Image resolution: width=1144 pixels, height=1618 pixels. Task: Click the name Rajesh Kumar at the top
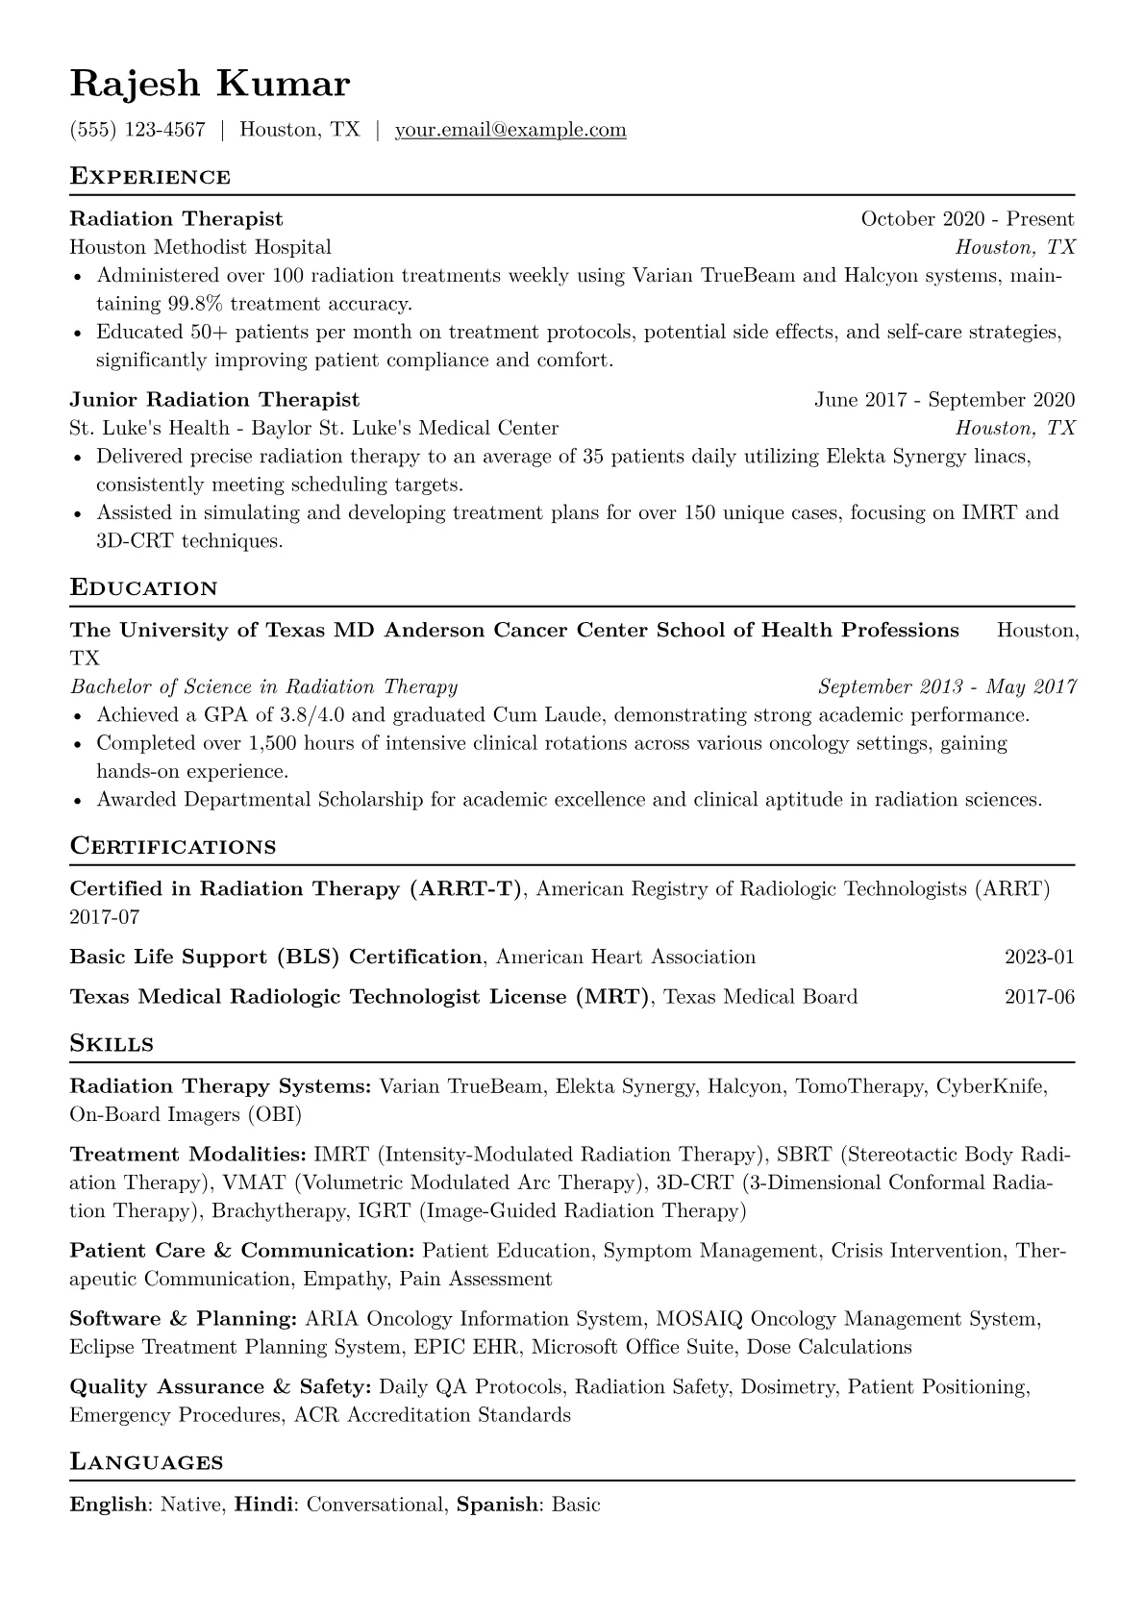[x=210, y=85]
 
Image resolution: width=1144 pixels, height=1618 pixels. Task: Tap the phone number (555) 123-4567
[x=137, y=130]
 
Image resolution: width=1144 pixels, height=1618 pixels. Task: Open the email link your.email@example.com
[x=510, y=130]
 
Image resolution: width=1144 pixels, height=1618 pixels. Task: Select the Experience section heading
[x=150, y=177]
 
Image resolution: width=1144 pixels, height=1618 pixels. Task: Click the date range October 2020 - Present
[x=967, y=219]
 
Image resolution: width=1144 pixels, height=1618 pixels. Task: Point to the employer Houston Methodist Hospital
[x=200, y=247]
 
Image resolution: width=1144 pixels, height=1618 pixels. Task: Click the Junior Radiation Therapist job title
[x=214, y=400]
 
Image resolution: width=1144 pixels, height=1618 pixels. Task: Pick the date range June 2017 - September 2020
[x=944, y=400]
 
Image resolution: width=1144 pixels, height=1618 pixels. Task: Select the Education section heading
[x=144, y=588]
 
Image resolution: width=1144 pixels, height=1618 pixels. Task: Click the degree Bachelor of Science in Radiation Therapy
[x=263, y=686]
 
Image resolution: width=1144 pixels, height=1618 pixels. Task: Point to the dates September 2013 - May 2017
[x=947, y=686]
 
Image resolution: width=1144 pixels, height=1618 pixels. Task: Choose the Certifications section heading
[x=173, y=847]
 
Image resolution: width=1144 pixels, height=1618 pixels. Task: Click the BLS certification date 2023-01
[x=1039, y=958]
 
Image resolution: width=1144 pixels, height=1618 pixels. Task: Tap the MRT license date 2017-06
[x=1039, y=997]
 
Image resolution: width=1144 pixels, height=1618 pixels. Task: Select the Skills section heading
[x=112, y=1044]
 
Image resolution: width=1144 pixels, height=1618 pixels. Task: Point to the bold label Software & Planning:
[x=183, y=1319]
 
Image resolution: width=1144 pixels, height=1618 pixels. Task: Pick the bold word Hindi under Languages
[x=263, y=1505]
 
